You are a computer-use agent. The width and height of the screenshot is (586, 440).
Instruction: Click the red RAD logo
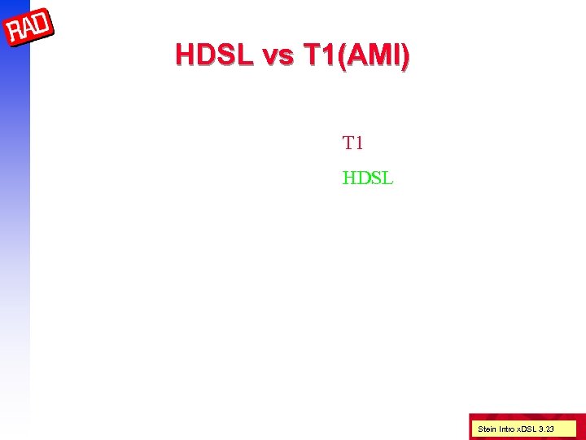coord(30,29)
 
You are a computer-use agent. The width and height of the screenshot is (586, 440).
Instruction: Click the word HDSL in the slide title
coord(215,55)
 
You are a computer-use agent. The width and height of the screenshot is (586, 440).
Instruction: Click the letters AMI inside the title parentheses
coord(372,55)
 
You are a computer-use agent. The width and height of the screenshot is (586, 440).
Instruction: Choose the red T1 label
coord(353,143)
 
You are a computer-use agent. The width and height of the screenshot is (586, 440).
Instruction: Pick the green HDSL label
coord(368,177)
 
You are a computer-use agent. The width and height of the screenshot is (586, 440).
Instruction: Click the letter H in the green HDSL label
coord(349,177)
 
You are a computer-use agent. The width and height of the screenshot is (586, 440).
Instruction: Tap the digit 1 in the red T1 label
coord(359,143)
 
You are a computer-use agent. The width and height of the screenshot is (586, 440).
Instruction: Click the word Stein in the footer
coord(486,429)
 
